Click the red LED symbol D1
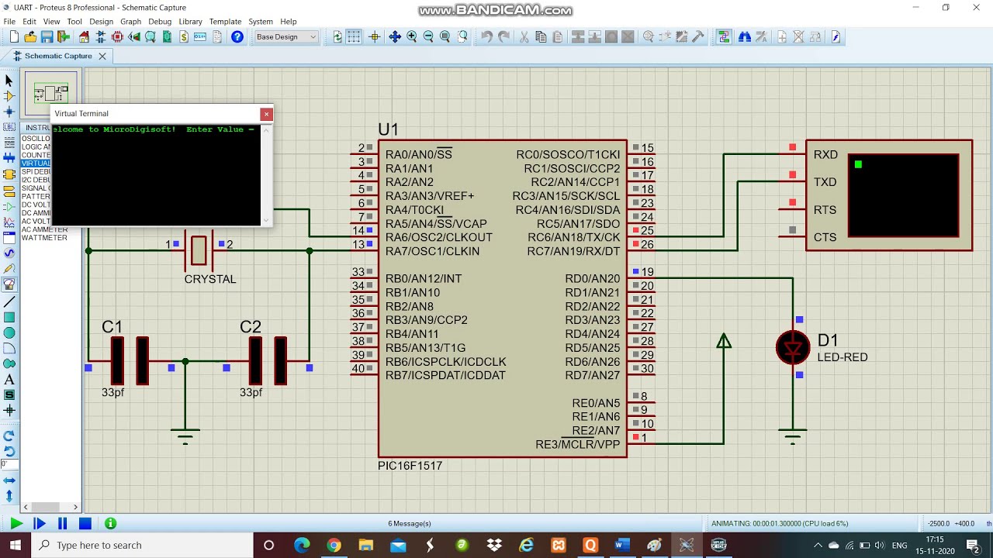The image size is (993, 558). (793, 348)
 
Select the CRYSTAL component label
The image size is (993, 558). (209, 279)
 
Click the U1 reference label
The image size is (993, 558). (388, 129)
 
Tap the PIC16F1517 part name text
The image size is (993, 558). (410, 466)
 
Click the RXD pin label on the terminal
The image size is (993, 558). (825, 155)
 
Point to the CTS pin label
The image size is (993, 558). (825, 237)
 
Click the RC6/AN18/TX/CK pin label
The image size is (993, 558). (573, 237)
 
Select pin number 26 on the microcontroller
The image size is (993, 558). (647, 245)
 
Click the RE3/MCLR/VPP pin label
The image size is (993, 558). (577, 445)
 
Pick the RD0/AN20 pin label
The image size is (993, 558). (592, 279)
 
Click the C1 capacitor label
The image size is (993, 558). (112, 327)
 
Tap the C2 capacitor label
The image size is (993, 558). (250, 327)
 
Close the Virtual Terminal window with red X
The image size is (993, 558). (266, 114)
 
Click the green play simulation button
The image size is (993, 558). (16, 524)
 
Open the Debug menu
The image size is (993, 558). (160, 22)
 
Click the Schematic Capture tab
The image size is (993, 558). (57, 56)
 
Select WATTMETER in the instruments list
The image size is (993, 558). (44, 238)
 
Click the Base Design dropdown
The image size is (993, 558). (286, 37)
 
